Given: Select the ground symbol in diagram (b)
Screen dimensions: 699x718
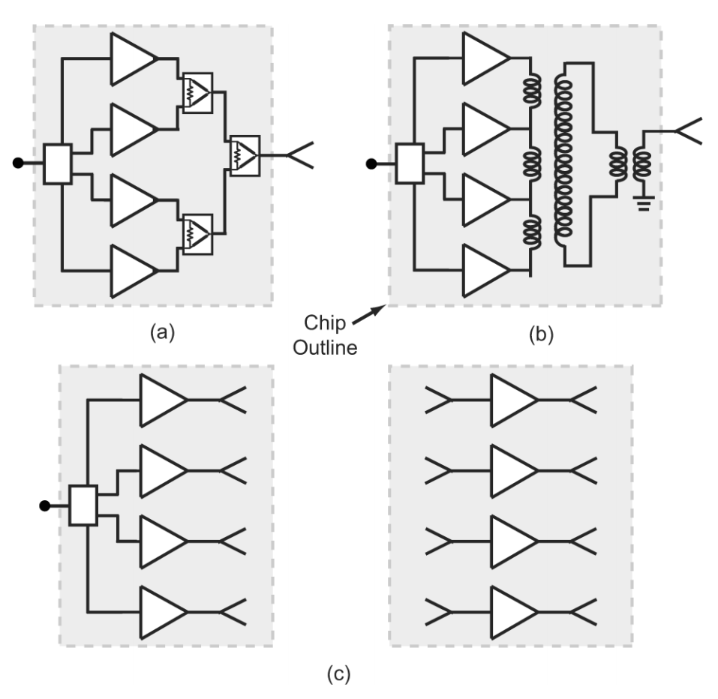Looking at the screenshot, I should point(642,201).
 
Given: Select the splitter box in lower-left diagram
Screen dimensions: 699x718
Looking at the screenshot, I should point(83,505).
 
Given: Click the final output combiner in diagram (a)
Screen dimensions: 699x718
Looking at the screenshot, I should point(245,156).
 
